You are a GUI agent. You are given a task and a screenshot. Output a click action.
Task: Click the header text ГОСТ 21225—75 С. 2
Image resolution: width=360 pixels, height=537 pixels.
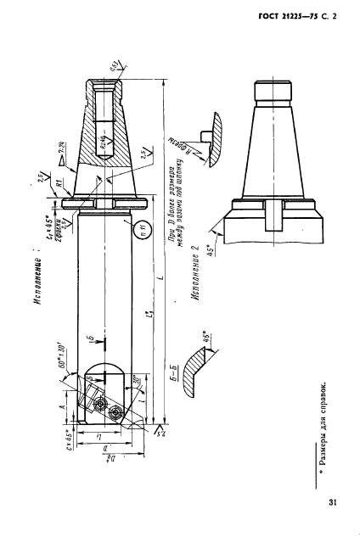(x=294, y=13)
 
